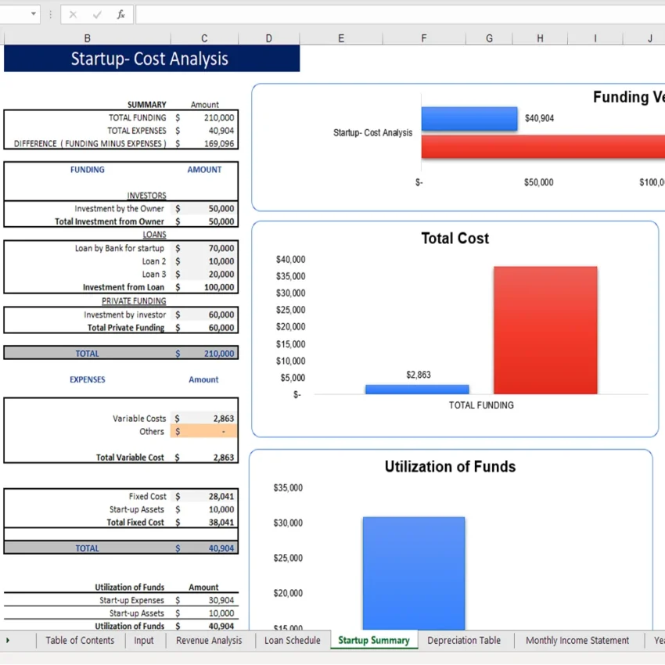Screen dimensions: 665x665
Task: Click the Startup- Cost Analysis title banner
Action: [x=151, y=59]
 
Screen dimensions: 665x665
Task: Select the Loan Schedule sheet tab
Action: [x=292, y=640]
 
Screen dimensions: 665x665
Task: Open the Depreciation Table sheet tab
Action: [x=464, y=640]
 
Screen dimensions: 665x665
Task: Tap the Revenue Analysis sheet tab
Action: [x=209, y=640]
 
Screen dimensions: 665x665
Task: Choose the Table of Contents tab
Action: [x=80, y=640]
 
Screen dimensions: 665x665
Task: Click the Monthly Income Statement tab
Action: [x=577, y=640]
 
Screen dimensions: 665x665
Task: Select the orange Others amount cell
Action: [x=204, y=431]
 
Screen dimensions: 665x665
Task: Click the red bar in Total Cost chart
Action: [x=545, y=329]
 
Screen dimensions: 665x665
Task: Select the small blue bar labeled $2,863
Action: [x=417, y=389]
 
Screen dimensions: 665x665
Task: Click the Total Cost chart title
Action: [x=455, y=239]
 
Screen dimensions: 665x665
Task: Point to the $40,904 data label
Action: [x=539, y=119]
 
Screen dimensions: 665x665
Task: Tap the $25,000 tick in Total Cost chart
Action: [x=290, y=310]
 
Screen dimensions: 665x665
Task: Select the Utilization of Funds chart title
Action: [x=450, y=467]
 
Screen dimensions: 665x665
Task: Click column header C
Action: [x=204, y=38]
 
